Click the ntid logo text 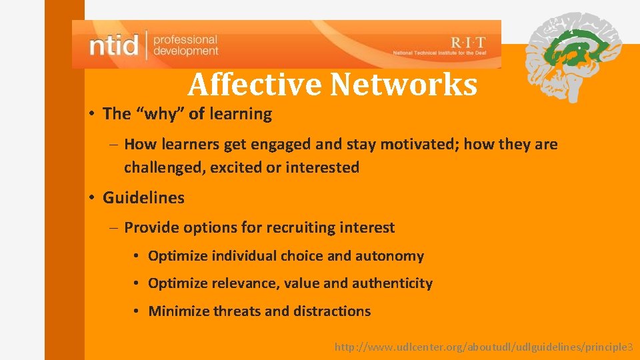pyautogui.click(x=114, y=45)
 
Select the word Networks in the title pyautogui.click(x=403, y=85)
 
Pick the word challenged pyautogui.click(x=164, y=167)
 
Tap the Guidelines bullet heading pyautogui.click(x=143, y=198)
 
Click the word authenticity pyautogui.click(x=392, y=283)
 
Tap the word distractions pyautogui.click(x=329, y=311)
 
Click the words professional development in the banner pyautogui.click(x=185, y=45)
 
